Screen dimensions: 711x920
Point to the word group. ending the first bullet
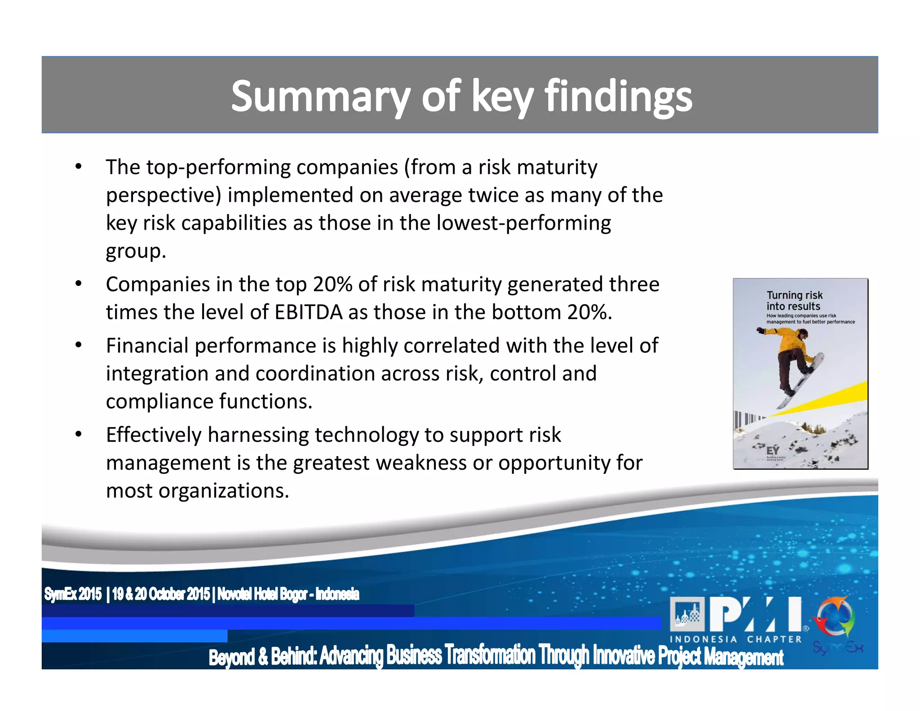tap(136, 251)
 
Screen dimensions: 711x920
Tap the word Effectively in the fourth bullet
tap(153, 435)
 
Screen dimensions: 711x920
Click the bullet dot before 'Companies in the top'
tap(79, 284)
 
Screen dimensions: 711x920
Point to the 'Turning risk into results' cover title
tap(794, 301)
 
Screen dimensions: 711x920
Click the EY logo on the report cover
tap(773, 451)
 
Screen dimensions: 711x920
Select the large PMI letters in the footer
tap(755, 614)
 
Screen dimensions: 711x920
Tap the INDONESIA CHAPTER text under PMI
tap(735, 639)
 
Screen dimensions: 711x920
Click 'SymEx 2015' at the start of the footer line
tap(73, 594)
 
